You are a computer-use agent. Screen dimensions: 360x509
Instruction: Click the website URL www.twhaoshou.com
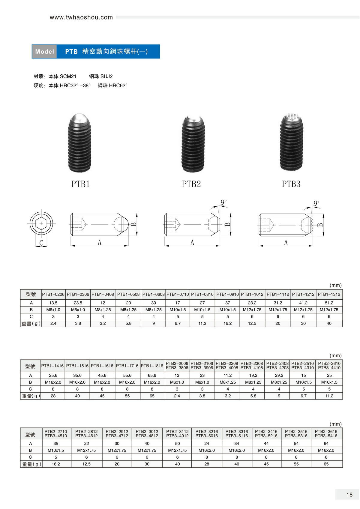[81, 17]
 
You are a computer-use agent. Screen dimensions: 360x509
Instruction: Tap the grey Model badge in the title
[44, 52]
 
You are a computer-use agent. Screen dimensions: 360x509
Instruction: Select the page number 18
[349, 495]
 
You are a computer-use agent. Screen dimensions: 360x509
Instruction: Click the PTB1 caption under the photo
[80, 184]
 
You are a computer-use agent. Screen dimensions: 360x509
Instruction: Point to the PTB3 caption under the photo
[291, 184]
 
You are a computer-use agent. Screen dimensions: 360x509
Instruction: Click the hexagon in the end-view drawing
[41, 223]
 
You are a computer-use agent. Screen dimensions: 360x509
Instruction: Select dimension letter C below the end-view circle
[41, 243]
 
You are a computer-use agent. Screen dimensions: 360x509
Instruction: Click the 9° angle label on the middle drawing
[223, 202]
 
